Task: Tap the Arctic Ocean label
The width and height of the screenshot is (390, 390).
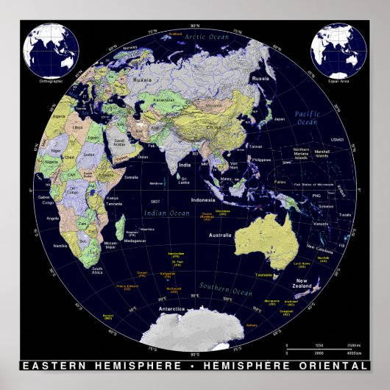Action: click(x=207, y=36)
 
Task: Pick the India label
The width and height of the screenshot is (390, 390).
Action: click(x=185, y=165)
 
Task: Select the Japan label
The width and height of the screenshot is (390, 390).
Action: click(x=279, y=118)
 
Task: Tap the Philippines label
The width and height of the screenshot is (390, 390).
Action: click(x=262, y=158)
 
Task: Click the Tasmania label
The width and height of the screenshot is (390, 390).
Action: click(x=264, y=274)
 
